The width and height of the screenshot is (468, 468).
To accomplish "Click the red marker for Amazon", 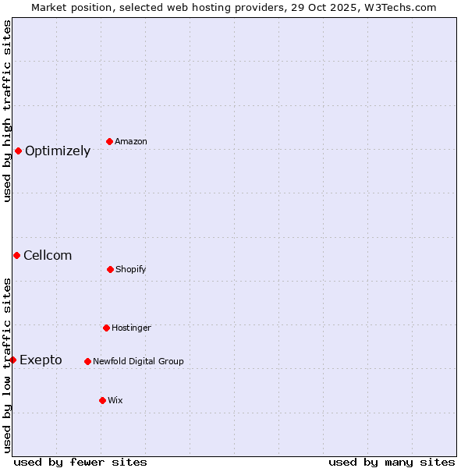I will pos(110,141).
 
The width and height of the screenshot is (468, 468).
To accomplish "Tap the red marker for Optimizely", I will pos(18,151).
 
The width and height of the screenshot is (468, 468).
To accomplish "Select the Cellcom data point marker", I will pos(16,255).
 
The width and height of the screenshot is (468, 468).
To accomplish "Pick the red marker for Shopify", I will pos(110,269).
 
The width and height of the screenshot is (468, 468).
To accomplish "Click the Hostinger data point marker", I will pos(106,328).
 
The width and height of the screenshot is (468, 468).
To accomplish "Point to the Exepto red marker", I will pos(13,360).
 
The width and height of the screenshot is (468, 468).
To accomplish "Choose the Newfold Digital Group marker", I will pos(87,361).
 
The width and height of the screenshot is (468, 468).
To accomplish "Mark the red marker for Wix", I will pos(102,400).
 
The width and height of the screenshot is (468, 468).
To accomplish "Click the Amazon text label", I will pos(131,141).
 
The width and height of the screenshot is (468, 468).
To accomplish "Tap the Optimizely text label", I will pos(58,151).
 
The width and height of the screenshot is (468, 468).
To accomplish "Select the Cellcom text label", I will pos(48,255).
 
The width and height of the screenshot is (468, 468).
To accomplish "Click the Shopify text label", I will pos(131,269).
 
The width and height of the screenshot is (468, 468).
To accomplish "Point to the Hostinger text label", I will pos(131,328).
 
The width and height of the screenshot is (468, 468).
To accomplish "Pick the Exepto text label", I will pos(41,360).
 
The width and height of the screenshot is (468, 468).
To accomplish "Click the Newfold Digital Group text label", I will pos(138,361).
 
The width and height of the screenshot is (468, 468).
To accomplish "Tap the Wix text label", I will pos(115,400).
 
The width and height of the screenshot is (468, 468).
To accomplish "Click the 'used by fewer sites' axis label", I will pos(80,462).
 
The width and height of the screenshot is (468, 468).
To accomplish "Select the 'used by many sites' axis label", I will pos(392,462).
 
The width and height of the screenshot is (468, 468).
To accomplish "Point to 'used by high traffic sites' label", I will pos(7,111).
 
